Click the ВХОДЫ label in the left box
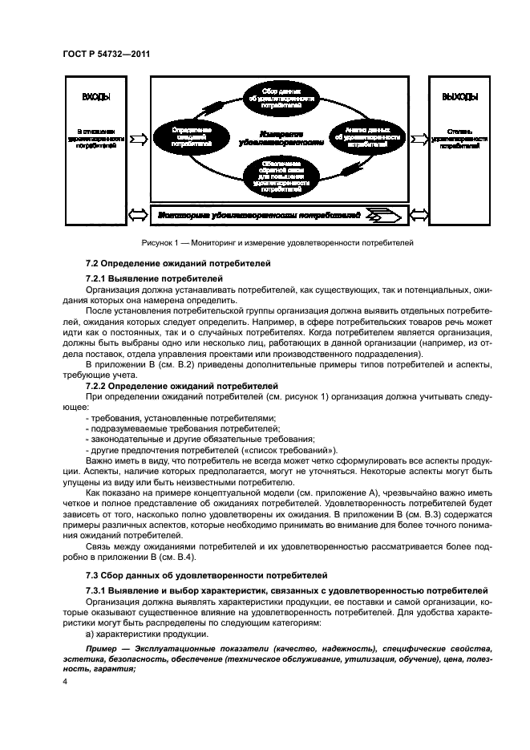point(96,97)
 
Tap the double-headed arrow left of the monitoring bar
point(139,215)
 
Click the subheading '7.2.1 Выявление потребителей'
point(154,278)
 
